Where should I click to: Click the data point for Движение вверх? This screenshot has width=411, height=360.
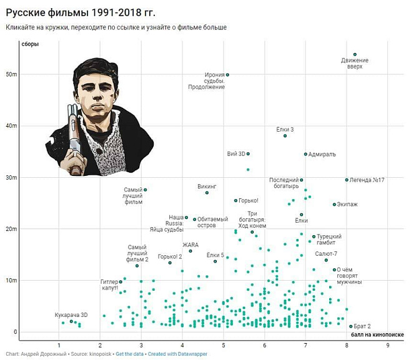(x=355, y=55)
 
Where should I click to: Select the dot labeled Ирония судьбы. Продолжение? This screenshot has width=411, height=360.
(x=227, y=74)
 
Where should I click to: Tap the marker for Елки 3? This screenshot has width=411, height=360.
(x=285, y=136)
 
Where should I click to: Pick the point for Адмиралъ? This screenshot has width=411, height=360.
(x=305, y=154)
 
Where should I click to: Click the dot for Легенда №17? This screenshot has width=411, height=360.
(x=347, y=180)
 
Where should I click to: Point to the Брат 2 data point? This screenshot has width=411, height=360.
(x=350, y=326)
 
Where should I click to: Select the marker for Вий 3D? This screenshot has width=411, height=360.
(x=248, y=153)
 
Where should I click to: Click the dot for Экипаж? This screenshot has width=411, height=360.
(x=334, y=205)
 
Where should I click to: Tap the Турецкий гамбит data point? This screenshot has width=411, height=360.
(x=314, y=236)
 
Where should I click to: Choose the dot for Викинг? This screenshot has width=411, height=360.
(x=207, y=193)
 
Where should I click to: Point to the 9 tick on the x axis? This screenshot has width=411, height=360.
(x=388, y=345)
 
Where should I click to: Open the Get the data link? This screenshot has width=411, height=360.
(x=130, y=354)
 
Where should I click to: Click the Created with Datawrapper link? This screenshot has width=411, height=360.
(x=177, y=354)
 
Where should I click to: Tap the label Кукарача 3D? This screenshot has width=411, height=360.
(x=71, y=315)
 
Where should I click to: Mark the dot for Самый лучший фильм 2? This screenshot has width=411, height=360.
(x=137, y=266)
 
